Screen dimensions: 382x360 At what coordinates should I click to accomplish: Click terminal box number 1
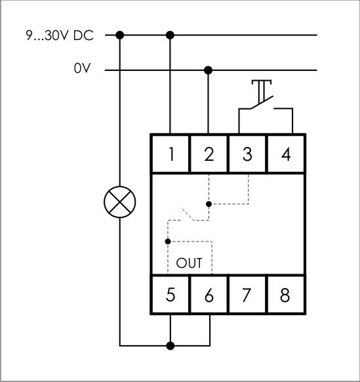pyautogui.click(x=170, y=154)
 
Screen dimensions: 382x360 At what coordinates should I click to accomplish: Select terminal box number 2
pyautogui.click(x=209, y=154)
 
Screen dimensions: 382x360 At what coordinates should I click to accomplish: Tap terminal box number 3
pyautogui.click(x=247, y=154)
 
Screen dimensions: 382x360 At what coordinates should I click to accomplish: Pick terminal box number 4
pyautogui.click(x=285, y=154)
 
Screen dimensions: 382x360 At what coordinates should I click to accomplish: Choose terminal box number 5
pyautogui.click(x=170, y=295)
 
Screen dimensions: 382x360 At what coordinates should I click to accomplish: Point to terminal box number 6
pyautogui.click(x=209, y=295)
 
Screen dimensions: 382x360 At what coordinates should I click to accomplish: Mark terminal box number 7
pyautogui.click(x=247, y=295)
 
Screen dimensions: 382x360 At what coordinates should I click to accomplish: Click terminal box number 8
pyautogui.click(x=285, y=295)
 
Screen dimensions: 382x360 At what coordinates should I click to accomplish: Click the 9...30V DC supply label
pyautogui.click(x=60, y=35)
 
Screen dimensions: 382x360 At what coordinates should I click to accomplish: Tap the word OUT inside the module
pyautogui.click(x=190, y=263)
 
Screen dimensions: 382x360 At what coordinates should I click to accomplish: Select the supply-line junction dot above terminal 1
pyautogui.click(x=171, y=35)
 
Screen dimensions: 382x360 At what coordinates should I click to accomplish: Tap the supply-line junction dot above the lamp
pyautogui.click(x=120, y=35)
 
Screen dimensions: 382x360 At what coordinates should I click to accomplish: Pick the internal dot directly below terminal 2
pyautogui.click(x=209, y=204)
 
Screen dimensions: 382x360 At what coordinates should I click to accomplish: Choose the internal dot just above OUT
pyautogui.click(x=169, y=242)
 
